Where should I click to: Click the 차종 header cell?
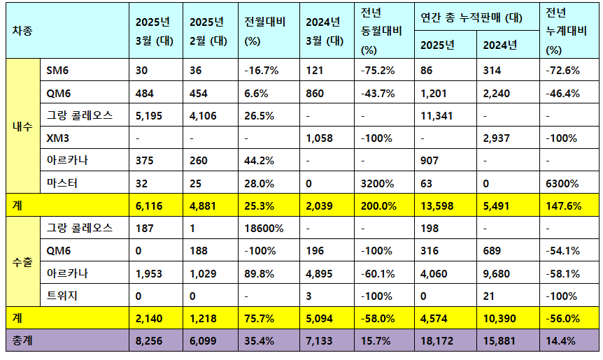point(23,31)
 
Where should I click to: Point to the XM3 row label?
point(59,138)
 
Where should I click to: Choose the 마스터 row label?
point(62,183)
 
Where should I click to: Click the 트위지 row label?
point(62,296)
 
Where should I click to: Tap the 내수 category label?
point(23,127)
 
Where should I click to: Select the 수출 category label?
point(23,261)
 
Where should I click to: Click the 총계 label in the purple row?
point(23,340)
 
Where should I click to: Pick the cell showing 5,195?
point(150,115)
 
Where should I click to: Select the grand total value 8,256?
point(150,340)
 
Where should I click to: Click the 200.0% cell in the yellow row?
point(378,206)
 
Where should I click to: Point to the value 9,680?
point(497,273)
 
